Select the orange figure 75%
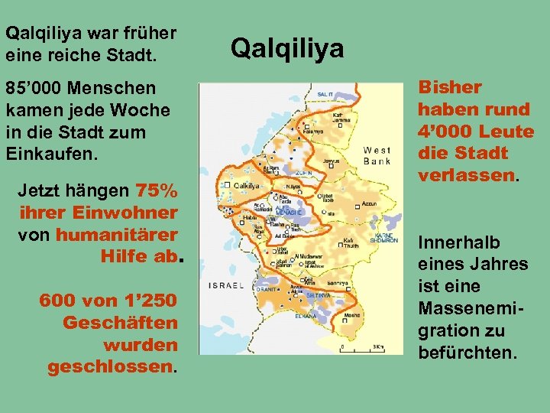157,190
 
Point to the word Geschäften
120,323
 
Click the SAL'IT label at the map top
325,94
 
